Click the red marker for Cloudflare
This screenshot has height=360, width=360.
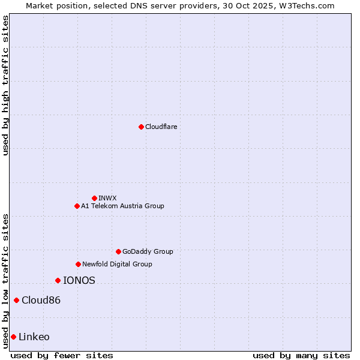pos(141,127)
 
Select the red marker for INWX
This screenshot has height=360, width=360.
pos(94,198)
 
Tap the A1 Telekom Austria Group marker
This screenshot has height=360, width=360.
pos(77,206)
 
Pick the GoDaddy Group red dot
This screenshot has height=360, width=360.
pos(118,251)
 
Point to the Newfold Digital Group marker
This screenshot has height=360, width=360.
pos(78,264)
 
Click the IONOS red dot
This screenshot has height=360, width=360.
pos(58,280)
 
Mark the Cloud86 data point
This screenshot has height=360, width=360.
pos(16,300)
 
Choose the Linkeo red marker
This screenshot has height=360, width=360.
pos(13,337)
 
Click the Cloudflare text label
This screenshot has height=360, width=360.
pos(161,127)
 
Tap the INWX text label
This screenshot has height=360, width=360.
pos(107,198)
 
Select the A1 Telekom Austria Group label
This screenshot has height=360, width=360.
pos(122,206)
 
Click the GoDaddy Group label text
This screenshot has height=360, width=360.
pos(148,251)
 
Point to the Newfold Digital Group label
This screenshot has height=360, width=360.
pos(117,264)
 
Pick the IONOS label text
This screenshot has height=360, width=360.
pos(79,280)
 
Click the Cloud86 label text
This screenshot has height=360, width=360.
pos(41,300)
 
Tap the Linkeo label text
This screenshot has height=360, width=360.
pos(34,337)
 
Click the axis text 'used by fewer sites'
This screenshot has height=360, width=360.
pos(62,355)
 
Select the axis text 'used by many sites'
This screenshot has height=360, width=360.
pos(301,355)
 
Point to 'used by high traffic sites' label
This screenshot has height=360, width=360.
pos(5,85)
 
